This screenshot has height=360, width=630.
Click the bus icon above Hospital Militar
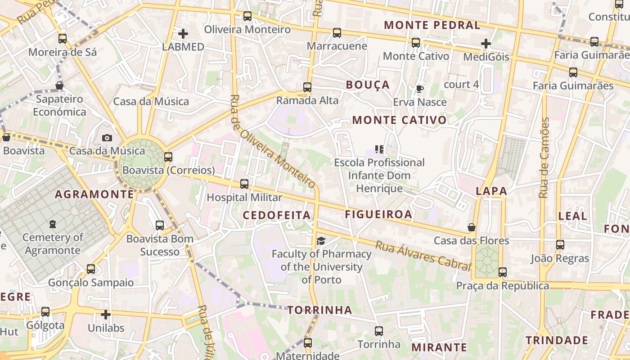pyautogui.click(x=244, y=184)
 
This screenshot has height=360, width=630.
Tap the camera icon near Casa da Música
pyautogui.click(x=107, y=138)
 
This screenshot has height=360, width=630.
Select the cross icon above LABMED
pyautogui.click(x=183, y=34)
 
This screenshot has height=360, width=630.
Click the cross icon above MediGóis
pyautogui.click(x=486, y=44)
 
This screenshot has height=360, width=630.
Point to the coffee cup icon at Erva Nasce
pyautogui.click(x=419, y=89)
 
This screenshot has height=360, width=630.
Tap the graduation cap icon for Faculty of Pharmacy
pyautogui.click(x=320, y=241)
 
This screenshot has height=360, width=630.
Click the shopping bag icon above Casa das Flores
pyautogui.click(x=472, y=227)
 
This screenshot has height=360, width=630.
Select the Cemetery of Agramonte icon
pyautogui.click(x=53, y=224)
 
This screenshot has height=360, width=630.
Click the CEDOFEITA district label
pyautogui.click(x=277, y=215)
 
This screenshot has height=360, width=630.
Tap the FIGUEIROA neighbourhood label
pyautogui.click(x=378, y=214)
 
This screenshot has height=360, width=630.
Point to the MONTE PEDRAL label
pyautogui.click(x=432, y=25)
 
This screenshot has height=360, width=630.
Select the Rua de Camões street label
pyautogui.click(x=544, y=157)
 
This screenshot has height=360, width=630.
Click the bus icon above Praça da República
pyautogui.click(x=502, y=272)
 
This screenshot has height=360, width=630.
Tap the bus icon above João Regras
pyautogui.click(x=560, y=245)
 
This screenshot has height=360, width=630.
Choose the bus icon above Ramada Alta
pyautogui.click(x=307, y=87)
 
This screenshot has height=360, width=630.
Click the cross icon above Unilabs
pyautogui.click(x=106, y=315)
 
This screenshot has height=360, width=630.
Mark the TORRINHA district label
pyautogui.click(x=319, y=310)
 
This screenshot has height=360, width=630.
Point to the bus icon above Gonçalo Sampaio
pyautogui.click(x=91, y=269)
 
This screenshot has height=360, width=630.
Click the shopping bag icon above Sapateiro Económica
pyautogui.click(x=59, y=85)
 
